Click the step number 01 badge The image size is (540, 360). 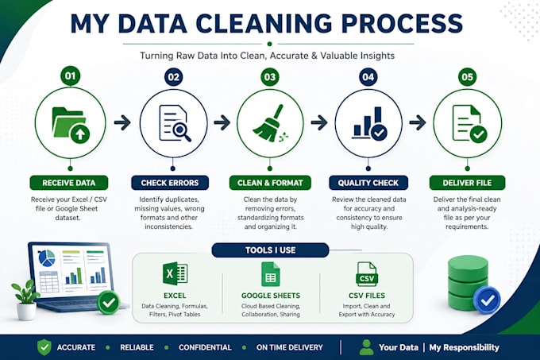(70, 75)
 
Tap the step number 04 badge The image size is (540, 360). (368, 77)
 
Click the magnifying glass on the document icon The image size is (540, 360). (182, 131)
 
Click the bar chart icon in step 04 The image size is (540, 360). (369, 123)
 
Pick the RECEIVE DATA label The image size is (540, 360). (69, 183)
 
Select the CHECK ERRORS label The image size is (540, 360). (170, 183)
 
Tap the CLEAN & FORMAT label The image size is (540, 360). (270, 183)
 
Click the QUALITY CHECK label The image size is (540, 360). (368, 183)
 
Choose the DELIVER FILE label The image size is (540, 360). (467, 183)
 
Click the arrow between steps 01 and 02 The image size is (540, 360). (122, 122)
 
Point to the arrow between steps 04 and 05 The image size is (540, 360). (418, 122)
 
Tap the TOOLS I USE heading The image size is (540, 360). (270, 250)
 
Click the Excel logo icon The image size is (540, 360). (175, 274)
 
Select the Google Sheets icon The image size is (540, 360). (271, 274)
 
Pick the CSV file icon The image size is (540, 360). (367, 274)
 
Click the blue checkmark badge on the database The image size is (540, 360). (487, 300)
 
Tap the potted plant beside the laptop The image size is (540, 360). (26, 300)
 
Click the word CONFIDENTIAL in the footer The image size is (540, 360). (205, 347)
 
